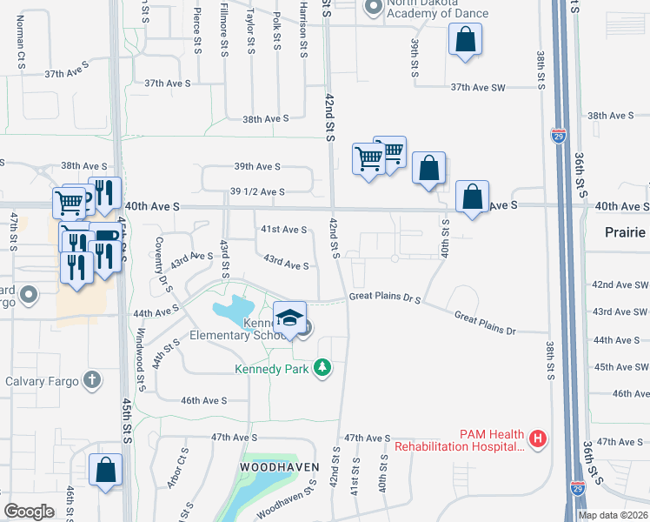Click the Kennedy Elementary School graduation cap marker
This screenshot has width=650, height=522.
click(x=290, y=318)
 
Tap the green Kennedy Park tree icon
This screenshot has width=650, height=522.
click(x=323, y=368)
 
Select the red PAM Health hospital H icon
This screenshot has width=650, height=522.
click(x=538, y=438)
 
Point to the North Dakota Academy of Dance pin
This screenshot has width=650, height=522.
click(x=374, y=8)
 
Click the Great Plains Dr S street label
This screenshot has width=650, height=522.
click(x=385, y=298)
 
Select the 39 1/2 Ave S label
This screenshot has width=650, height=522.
click(x=258, y=191)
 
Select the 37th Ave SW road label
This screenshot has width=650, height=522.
click(x=478, y=87)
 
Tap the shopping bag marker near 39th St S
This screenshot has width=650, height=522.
click(x=465, y=39)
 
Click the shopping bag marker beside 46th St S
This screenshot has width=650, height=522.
click(x=105, y=470)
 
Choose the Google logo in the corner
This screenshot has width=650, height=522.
click(x=29, y=512)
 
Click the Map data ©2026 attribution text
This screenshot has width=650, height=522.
click(x=613, y=515)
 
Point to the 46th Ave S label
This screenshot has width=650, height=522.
click(x=203, y=400)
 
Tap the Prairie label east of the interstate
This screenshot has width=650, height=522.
click(x=627, y=232)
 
